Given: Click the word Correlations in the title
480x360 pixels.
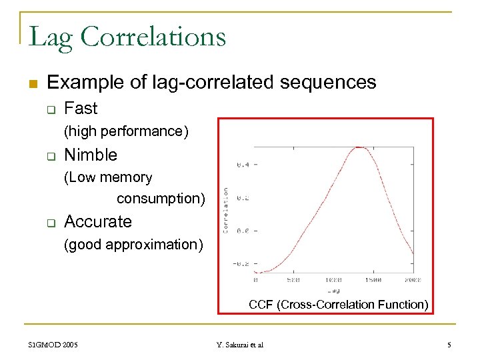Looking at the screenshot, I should click(x=155, y=37).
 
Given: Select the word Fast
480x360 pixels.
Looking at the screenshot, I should click(x=81, y=108).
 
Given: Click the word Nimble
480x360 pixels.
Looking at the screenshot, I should click(x=90, y=155).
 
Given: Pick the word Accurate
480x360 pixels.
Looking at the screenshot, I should click(x=98, y=221).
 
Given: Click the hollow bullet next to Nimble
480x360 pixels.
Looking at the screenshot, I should click(x=49, y=156).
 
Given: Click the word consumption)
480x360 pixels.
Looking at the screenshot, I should click(x=161, y=199).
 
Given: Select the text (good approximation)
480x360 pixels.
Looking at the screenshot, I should click(x=133, y=244).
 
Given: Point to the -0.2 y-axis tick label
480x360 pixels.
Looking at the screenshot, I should click(x=241, y=263).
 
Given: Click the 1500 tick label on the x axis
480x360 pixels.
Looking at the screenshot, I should click(x=374, y=280).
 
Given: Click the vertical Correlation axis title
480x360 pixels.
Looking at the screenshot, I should click(x=227, y=210).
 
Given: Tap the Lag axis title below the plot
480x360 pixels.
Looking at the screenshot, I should click(x=333, y=291).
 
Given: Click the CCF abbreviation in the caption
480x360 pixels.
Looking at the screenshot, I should click(x=261, y=305).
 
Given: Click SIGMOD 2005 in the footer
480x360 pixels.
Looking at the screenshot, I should click(x=53, y=345).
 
